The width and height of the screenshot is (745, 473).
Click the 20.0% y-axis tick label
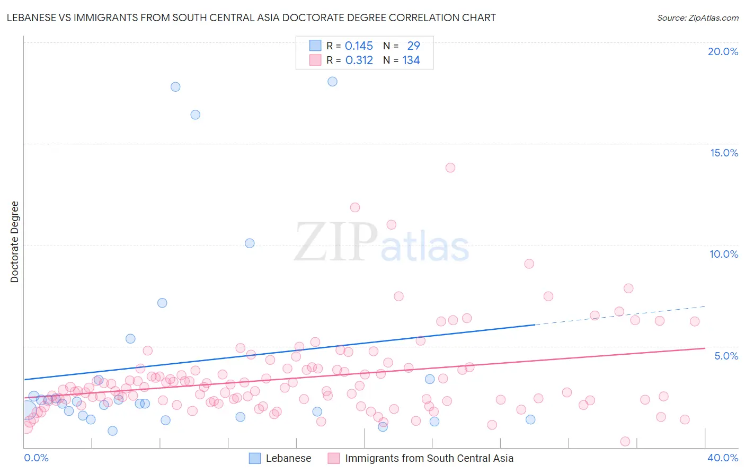(723, 51)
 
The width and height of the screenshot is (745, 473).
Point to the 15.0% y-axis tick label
(724, 153)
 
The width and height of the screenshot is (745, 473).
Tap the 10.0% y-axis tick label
(724, 254)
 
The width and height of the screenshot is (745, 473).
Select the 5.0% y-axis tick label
(726, 356)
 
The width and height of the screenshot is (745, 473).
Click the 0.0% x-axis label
(36, 458)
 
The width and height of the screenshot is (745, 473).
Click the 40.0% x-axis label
(723, 458)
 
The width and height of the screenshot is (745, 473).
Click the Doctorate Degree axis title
(14, 242)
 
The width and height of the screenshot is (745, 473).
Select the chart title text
(251, 17)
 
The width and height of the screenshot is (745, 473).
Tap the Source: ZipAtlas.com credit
(697, 17)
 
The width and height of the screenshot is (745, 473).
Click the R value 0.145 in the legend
(359, 46)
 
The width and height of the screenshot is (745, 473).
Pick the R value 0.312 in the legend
(359, 60)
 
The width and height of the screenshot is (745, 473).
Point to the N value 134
(411, 60)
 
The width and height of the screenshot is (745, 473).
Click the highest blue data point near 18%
(332, 82)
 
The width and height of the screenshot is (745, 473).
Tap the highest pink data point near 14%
(450, 168)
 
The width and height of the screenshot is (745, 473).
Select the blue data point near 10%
(250, 243)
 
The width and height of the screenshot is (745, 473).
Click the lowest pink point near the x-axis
(625, 441)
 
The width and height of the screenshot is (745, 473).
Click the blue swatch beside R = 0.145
(315, 46)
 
